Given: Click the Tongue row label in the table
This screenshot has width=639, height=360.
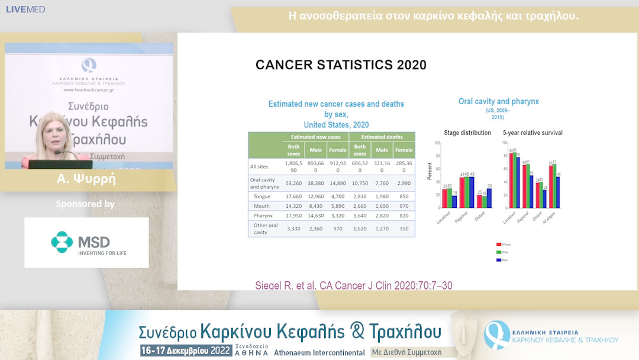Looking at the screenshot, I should pos(262,196).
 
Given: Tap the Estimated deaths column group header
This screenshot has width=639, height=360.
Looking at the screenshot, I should pos(382,137).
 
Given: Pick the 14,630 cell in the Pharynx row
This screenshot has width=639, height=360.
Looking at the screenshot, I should pos(316,217).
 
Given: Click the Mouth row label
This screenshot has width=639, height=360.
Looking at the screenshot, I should pos(262,207).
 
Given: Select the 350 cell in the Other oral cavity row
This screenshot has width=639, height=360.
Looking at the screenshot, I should pos(404,228).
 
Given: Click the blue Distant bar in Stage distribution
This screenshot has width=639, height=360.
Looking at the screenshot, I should pos(489,198).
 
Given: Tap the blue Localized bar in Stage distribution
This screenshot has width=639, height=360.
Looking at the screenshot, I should pos(454,201).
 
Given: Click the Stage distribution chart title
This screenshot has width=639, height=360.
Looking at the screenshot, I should pos(467,133).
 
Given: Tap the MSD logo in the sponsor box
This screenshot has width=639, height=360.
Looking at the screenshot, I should pos(86,242).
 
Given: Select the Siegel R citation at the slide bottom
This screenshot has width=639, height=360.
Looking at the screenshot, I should pos(353,285).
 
